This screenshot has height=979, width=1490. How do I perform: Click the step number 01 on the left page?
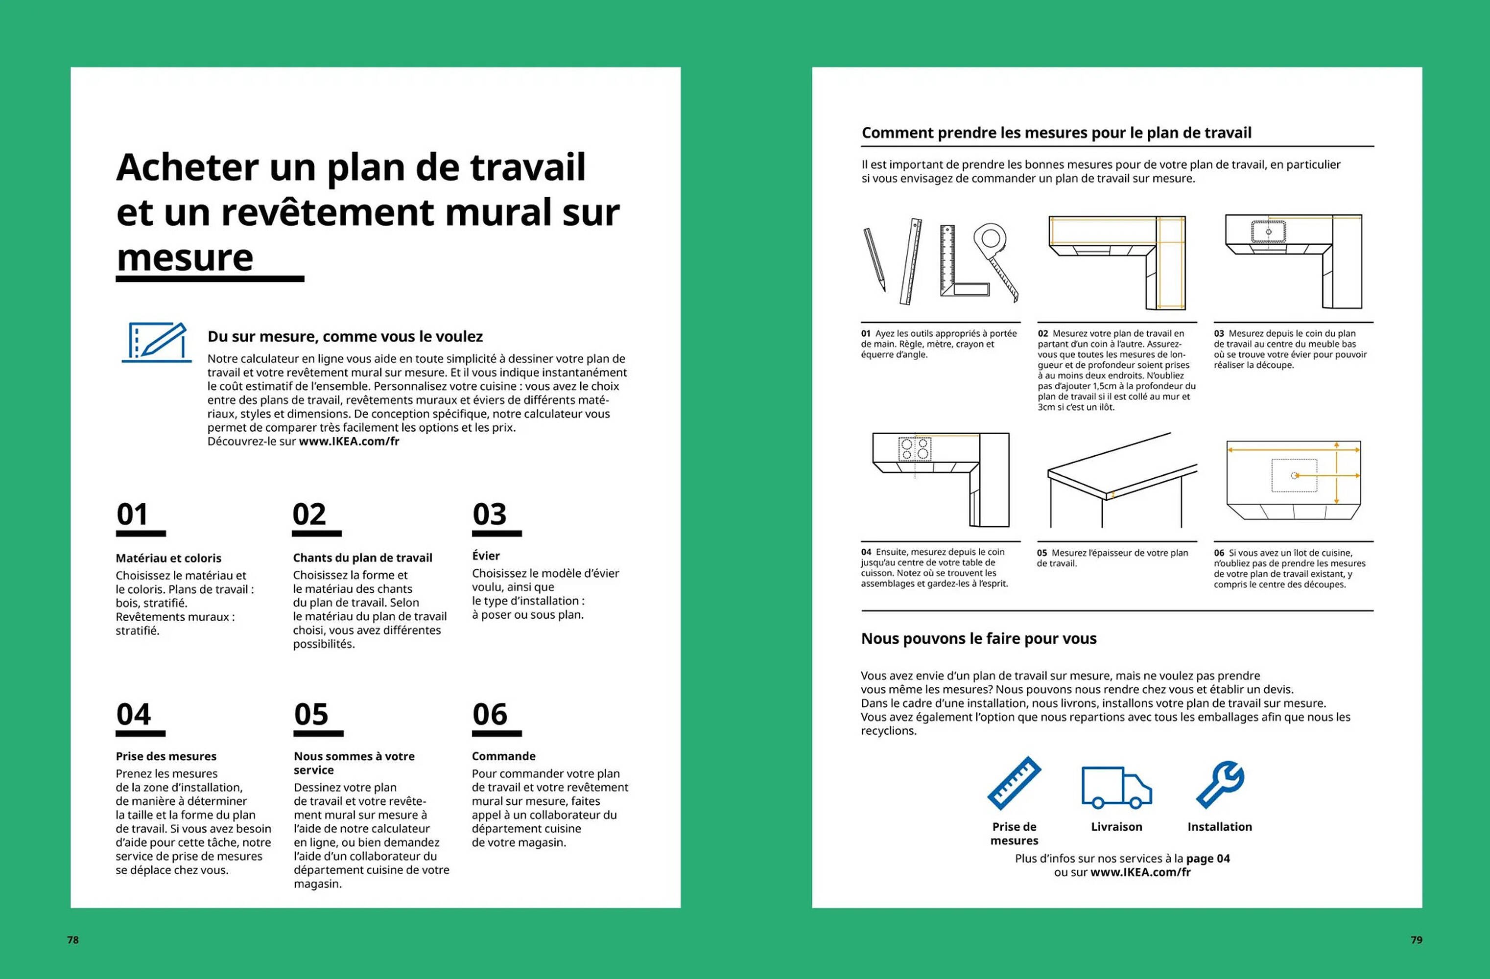point(132,514)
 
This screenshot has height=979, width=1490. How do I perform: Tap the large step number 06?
point(490,714)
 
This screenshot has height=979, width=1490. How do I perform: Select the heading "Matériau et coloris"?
point(168,558)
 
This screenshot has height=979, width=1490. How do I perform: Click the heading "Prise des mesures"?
point(166,756)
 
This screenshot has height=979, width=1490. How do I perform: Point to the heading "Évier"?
point(486,556)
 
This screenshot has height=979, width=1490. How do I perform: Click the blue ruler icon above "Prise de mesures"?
point(1014,784)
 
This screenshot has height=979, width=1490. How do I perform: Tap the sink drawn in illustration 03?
point(1268,232)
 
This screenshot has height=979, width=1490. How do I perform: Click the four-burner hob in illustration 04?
point(915,449)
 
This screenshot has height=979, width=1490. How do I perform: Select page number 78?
point(73,939)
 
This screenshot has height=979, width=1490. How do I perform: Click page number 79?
point(1416,939)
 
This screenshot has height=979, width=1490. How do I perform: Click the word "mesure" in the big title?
point(185,258)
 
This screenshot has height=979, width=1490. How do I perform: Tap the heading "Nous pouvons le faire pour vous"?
point(978,638)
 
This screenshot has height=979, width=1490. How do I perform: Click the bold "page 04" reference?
point(1207,858)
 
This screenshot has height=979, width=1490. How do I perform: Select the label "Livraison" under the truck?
point(1116,827)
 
